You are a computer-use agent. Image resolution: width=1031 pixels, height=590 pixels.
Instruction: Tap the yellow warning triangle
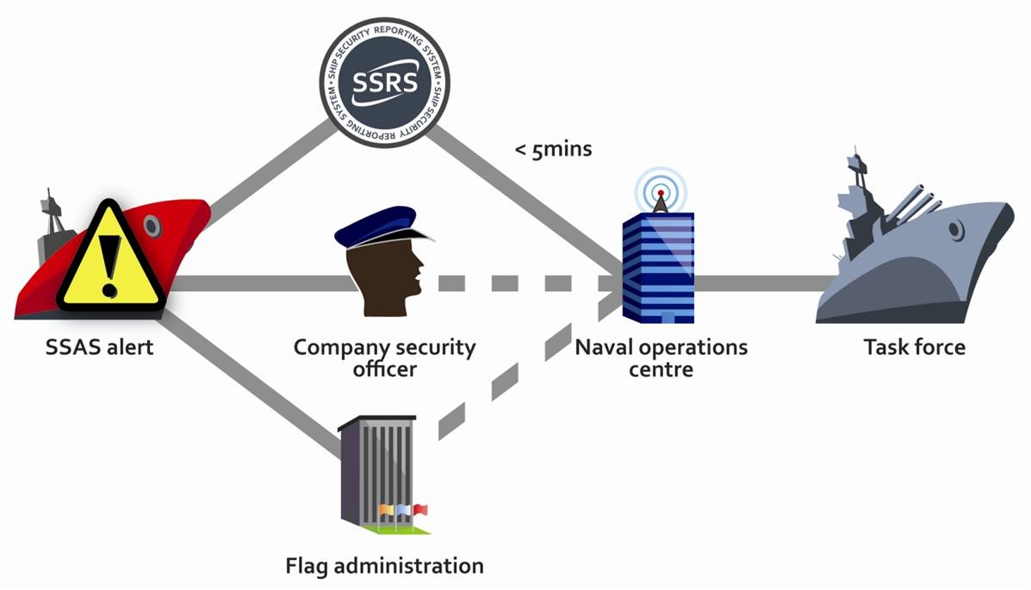[x=109, y=258]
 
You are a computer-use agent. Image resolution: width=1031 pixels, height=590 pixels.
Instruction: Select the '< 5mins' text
[x=553, y=149]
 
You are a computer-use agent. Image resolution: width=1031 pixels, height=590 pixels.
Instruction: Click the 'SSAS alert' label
[x=100, y=348]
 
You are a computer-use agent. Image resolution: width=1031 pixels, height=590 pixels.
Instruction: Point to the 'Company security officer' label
[x=384, y=358]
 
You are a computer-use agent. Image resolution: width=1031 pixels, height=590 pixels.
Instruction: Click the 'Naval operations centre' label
[x=661, y=358]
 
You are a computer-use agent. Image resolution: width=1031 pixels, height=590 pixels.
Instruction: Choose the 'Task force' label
[x=914, y=348]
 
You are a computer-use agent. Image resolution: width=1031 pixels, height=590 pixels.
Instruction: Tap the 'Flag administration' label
[x=384, y=567]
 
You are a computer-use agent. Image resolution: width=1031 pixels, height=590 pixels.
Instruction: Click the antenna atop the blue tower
[x=660, y=200]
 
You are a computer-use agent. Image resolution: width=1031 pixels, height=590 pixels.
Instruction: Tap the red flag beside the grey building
[x=420, y=510]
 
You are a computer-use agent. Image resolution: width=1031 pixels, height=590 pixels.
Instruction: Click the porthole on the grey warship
[x=955, y=230]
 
